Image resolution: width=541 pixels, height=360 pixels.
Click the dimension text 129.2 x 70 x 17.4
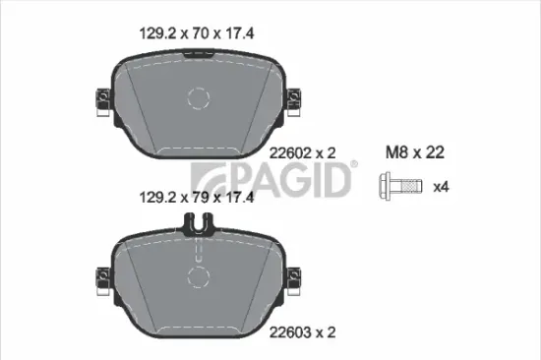[x=195, y=32]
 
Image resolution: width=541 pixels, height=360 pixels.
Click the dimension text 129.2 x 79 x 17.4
[x=195, y=197]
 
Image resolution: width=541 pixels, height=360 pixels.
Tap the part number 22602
[x=287, y=152]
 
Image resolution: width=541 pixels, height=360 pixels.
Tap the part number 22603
[x=287, y=333]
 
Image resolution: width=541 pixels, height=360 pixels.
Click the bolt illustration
[x=401, y=184]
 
